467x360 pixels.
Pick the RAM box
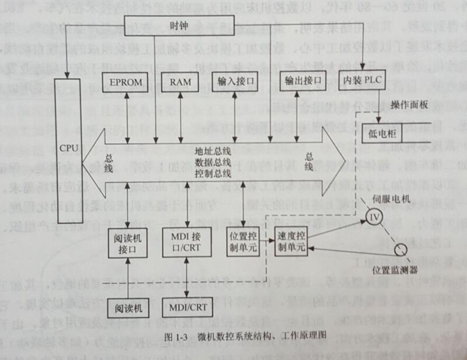176,82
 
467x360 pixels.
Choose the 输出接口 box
301,82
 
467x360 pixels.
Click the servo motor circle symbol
373,218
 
